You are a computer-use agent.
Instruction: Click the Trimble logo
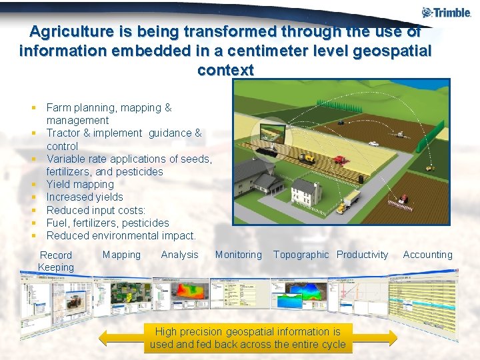point(446,12)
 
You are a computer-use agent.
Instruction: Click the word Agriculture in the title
point(71,31)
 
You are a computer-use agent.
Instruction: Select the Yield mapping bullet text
point(80,184)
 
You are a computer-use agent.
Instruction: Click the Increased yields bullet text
point(85,197)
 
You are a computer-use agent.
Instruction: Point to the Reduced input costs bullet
point(95,210)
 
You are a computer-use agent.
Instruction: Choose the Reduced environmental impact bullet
point(121,235)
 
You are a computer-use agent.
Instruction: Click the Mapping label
point(121,255)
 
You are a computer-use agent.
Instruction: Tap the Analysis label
point(179,255)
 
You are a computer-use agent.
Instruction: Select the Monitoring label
point(238,255)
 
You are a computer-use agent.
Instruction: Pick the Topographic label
point(301,255)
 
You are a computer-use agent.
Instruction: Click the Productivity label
point(362,255)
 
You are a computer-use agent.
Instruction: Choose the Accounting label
point(427,255)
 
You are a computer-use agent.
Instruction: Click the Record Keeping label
point(56,261)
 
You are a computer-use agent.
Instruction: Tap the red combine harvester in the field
point(341,159)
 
